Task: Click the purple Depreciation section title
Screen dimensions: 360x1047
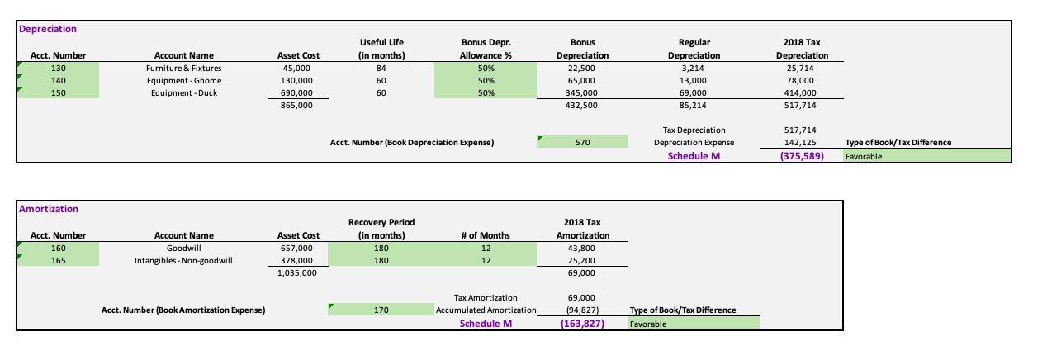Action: click(x=48, y=29)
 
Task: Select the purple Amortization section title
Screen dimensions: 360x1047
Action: click(x=49, y=209)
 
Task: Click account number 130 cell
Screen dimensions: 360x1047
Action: click(x=58, y=68)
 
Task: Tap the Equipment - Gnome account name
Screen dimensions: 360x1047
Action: click(x=183, y=80)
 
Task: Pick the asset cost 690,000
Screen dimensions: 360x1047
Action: click(x=297, y=92)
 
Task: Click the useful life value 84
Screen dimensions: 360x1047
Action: click(x=381, y=68)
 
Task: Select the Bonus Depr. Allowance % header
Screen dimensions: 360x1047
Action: click(x=486, y=49)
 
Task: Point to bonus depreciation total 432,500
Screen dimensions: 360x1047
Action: click(x=582, y=105)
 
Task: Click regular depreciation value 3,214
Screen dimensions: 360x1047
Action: click(x=694, y=68)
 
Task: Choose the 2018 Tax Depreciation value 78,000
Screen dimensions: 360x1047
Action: click(x=801, y=80)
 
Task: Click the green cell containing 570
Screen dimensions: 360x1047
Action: click(x=582, y=142)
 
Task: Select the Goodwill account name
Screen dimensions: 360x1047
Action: click(x=183, y=248)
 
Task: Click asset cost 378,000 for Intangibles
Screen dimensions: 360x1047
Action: click(x=297, y=260)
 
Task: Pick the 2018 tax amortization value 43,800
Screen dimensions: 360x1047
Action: click(x=582, y=248)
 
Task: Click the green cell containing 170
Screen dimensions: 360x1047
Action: click(x=381, y=310)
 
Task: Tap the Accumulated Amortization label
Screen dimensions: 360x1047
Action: click(x=486, y=310)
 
